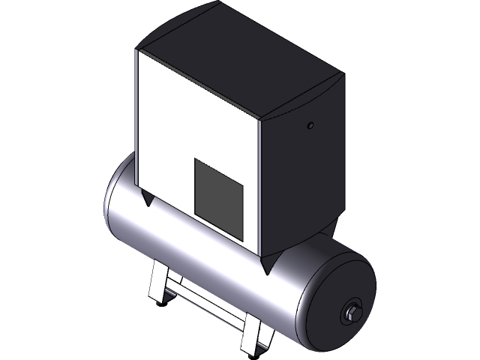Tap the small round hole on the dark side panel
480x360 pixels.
(310, 127)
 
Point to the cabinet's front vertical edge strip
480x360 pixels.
(262, 187)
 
